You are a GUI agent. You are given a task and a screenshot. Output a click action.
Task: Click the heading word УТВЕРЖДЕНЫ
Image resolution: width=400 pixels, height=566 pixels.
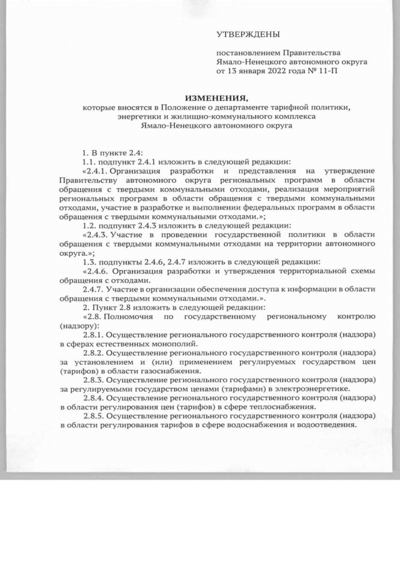(x=248, y=34)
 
